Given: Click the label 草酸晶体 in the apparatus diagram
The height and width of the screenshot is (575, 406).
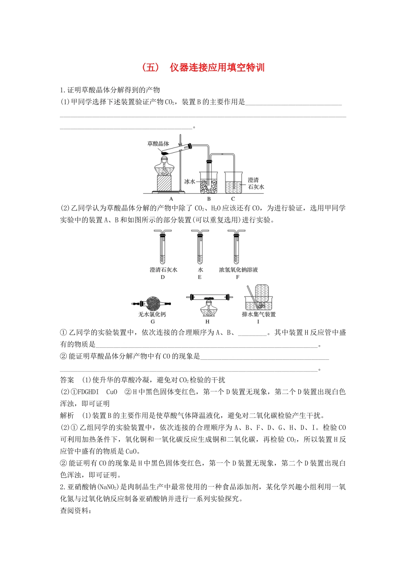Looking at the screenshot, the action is pyautogui.click(x=158, y=144).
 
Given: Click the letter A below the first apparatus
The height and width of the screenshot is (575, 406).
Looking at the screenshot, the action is pyautogui.click(x=171, y=199).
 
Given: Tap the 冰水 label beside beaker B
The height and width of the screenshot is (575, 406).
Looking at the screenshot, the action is pyautogui.click(x=189, y=181).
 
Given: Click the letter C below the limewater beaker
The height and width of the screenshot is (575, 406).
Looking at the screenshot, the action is pyautogui.click(x=233, y=199).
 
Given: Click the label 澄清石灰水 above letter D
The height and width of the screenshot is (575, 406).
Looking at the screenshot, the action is pyautogui.click(x=163, y=270).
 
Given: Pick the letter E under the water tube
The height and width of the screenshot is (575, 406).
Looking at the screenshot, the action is pyautogui.click(x=200, y=277).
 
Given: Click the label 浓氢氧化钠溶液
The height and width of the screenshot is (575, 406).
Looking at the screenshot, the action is pyautogui.click(x=238, y=270).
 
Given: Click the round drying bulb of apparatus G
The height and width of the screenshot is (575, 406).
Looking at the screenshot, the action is pyautogui.click(x=152, y=303).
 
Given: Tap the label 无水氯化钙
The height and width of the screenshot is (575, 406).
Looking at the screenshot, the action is pyautogui.click(x=152, y=314).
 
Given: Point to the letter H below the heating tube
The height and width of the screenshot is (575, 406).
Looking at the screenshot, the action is pyautogui.click(x=208, y=322).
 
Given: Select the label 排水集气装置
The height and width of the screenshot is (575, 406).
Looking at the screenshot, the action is pyautogui.click(x=259, y=314).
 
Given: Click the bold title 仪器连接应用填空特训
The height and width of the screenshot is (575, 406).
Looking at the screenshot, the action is pyautogui.click(x=217, y=68).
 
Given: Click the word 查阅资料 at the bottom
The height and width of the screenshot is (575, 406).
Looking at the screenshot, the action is pyautogui.click(x=75, y=510).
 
